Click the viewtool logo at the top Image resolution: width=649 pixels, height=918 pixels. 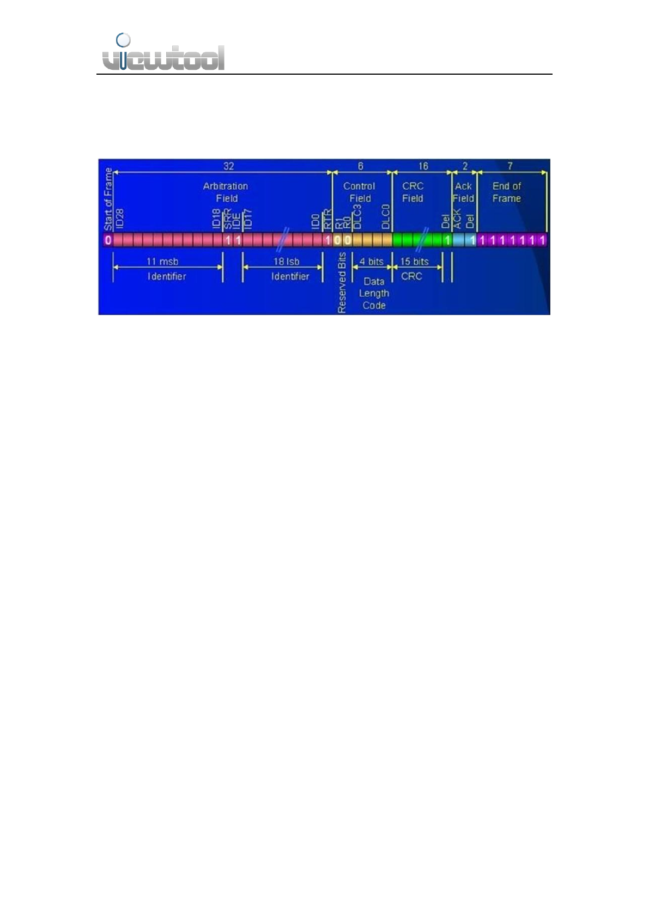[x=163, y=53]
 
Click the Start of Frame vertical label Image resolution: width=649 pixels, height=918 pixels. [x=108, y=199]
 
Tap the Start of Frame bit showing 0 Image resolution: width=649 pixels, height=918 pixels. [x=108, y=240]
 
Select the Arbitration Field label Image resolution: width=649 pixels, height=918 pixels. [x=226, y=192]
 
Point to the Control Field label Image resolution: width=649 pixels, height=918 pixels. [x=360, y=192]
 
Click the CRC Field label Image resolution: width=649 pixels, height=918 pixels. [x=413, y=192]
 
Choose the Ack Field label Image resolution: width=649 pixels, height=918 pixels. [x=463, y=192]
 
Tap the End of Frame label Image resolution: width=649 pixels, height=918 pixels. [x=507, y=192]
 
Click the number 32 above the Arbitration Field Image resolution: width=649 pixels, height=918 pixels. [x=229, y=166]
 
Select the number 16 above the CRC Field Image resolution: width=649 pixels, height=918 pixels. [x=423, y=166]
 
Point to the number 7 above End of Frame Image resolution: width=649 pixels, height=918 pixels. [x=510, y=166]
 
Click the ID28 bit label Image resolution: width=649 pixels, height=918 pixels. [x=120, y=218]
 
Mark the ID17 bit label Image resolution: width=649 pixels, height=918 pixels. [x=248, y=219]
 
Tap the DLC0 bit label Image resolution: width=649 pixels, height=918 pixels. [x=386, y=216]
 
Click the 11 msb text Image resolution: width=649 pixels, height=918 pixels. [x=162, y=262]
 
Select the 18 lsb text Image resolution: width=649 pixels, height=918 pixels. [x=286, y=262]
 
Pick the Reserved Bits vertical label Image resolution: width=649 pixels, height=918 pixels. [x=342, y=283]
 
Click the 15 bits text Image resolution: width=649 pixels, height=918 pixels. [x=414, y=262]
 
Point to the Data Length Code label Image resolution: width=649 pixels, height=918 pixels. [x=374, y=293]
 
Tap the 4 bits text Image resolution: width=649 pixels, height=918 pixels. [x=372, y=262]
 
